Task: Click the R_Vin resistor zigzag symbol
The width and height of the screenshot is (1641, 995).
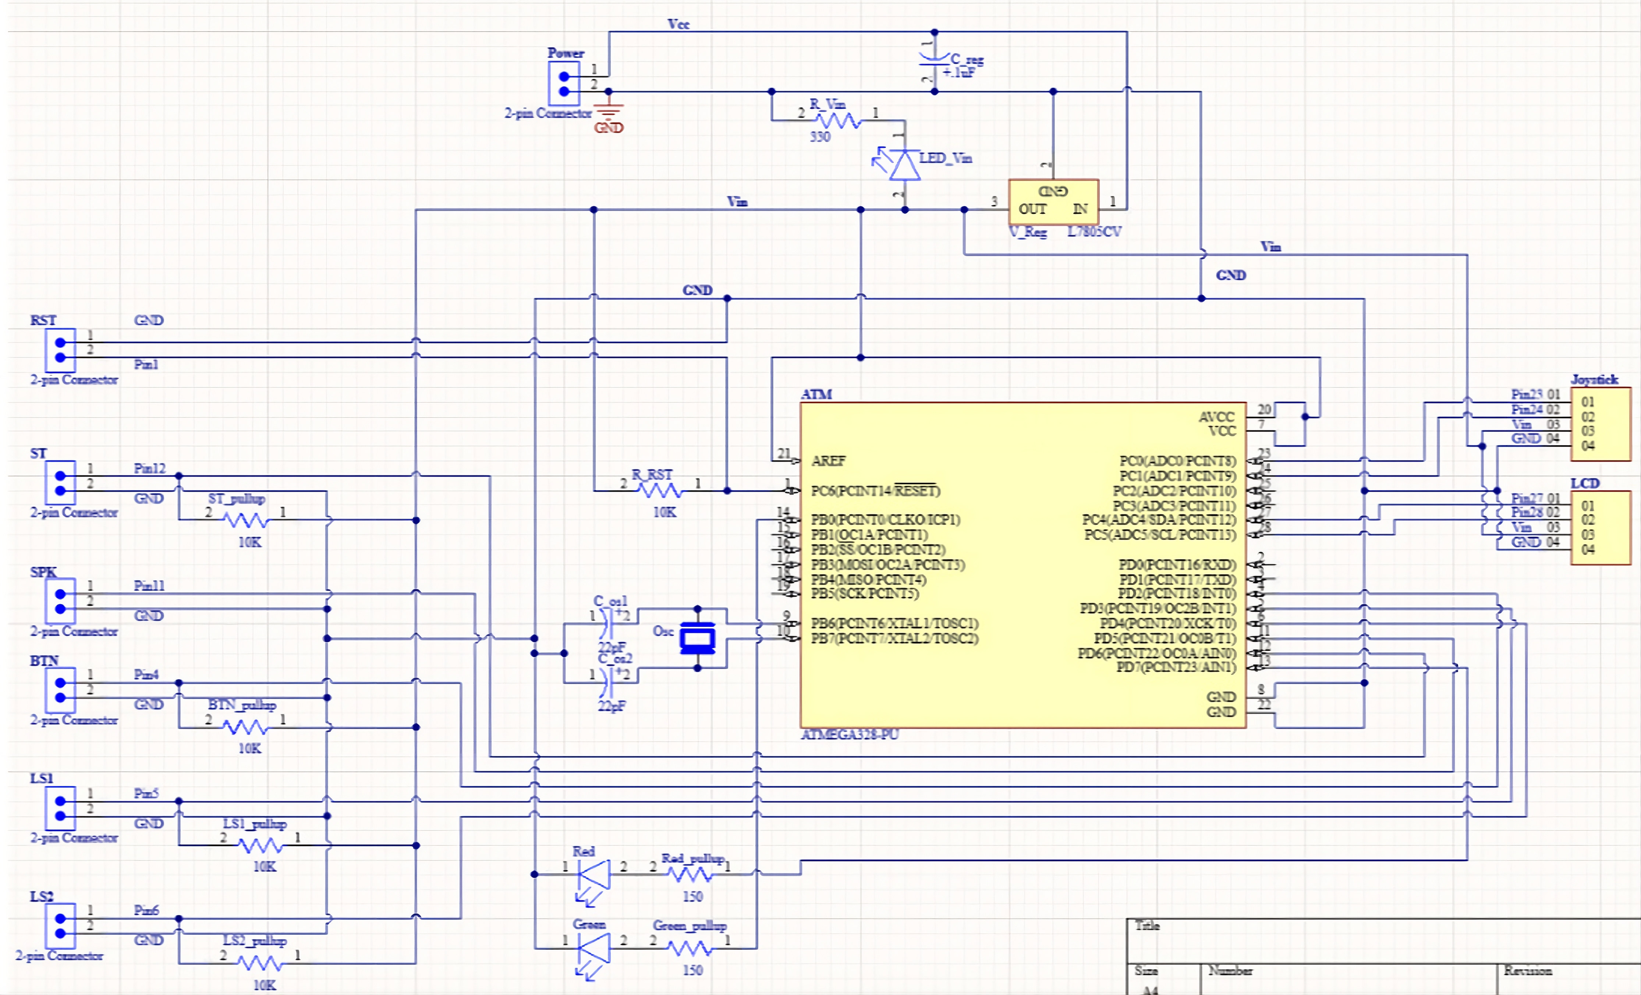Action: point(839,121)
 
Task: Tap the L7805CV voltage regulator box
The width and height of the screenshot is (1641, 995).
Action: point(1053,202)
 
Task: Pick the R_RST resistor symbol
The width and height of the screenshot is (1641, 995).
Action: point(660,491)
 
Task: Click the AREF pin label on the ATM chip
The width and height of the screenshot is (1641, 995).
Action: point(828,461)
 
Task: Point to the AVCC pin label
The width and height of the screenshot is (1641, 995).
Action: point(1216,417)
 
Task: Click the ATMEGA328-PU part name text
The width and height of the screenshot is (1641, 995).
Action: point(849,734)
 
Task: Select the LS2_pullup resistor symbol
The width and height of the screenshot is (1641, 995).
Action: point(260,963)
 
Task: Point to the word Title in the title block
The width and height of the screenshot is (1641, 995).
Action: point(1147,925)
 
